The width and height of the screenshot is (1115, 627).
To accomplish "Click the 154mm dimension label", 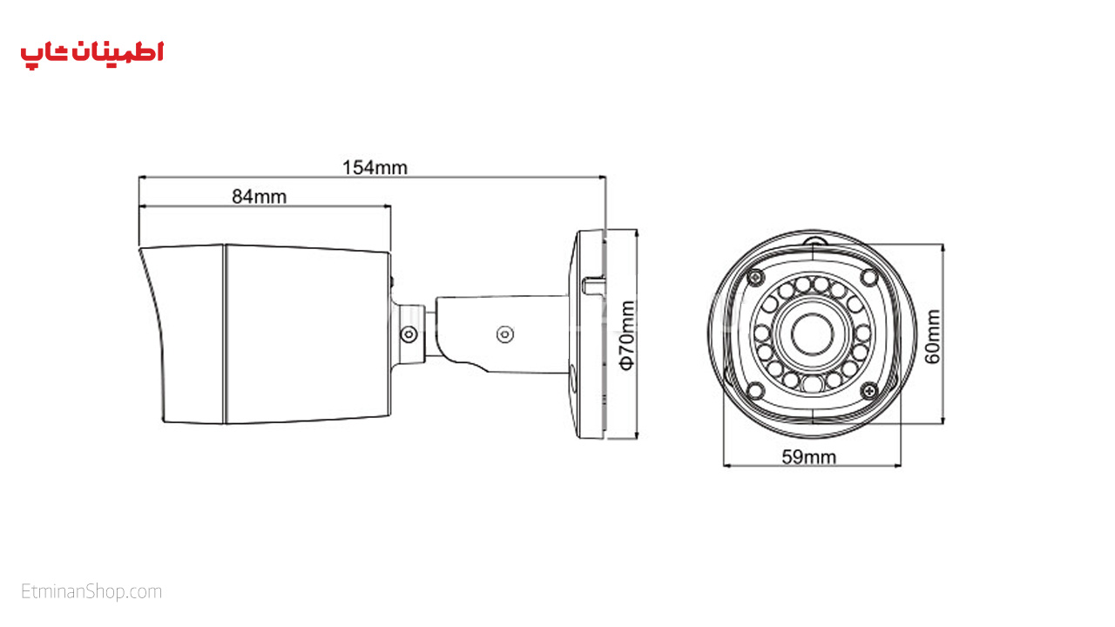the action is coord(375,168).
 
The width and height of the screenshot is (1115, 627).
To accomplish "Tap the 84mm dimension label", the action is coord(260,197).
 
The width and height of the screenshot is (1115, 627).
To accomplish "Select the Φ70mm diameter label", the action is coord(628,335).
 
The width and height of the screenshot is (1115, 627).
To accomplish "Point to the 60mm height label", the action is coord(933,336).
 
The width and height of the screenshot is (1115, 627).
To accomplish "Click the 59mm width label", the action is coord(809,457).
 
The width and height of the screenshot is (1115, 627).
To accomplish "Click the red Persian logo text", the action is coord(92,55).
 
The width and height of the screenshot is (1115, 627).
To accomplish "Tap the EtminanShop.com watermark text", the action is coord(91,591).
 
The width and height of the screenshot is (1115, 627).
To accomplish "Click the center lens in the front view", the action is coord(813,334).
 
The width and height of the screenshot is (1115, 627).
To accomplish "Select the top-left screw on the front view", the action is coord(755,277).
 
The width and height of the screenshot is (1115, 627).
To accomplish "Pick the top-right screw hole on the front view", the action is coord(869,277).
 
